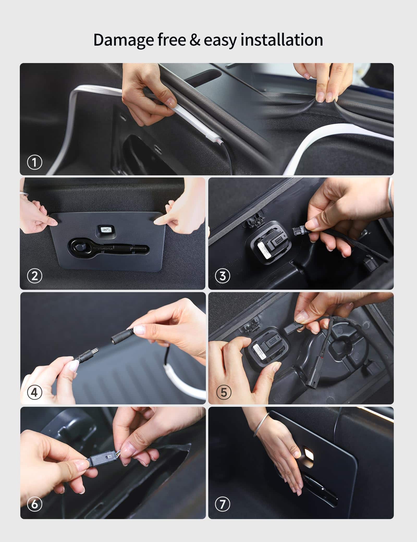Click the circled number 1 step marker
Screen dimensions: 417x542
coord(34,162)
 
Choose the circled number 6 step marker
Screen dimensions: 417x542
coord(34,504)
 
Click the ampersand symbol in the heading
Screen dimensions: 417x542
coord(195,40)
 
